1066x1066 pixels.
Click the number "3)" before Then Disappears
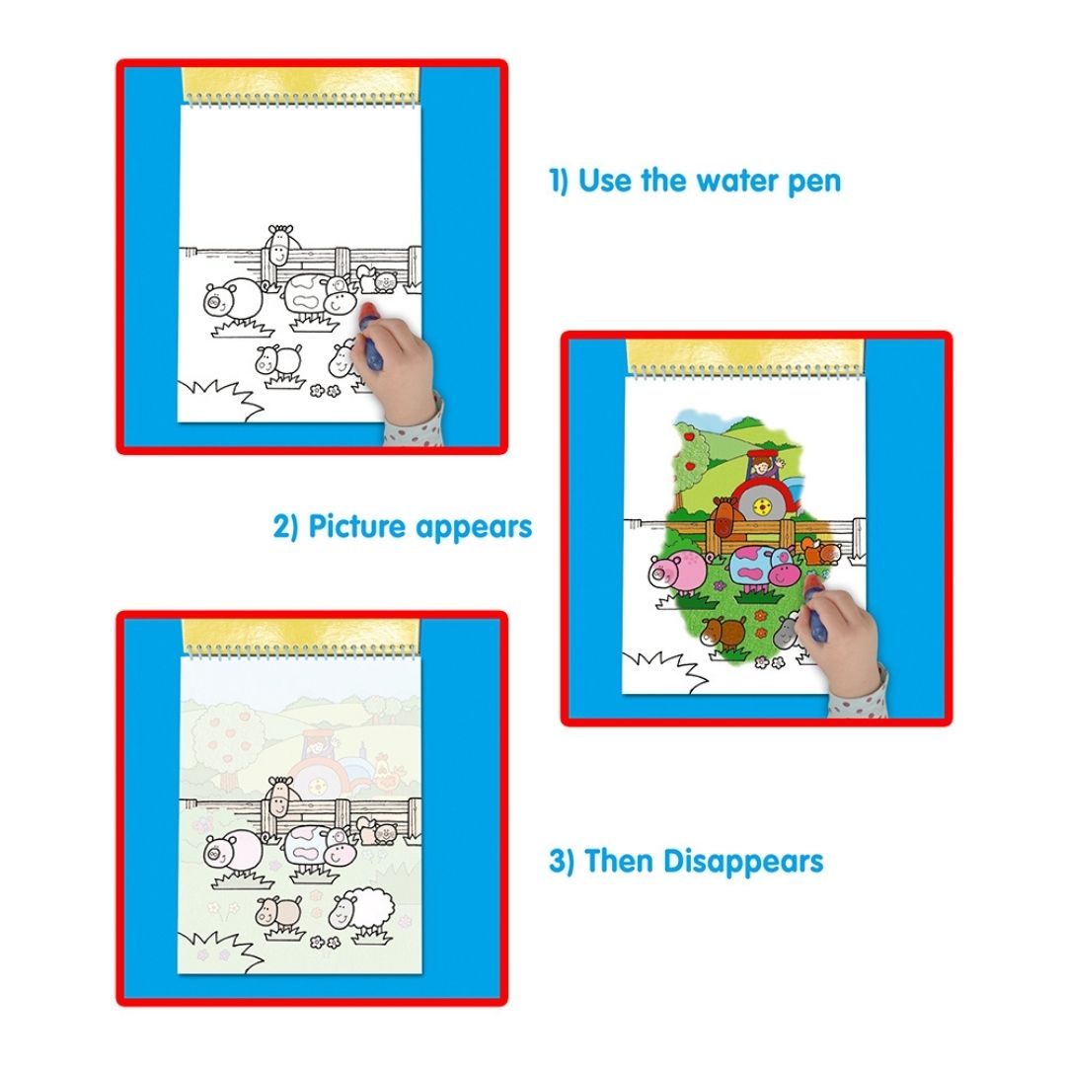click(562, 861)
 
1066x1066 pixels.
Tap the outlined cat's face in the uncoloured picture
click(384, 280)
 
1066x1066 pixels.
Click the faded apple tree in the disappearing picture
click(215, 738)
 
